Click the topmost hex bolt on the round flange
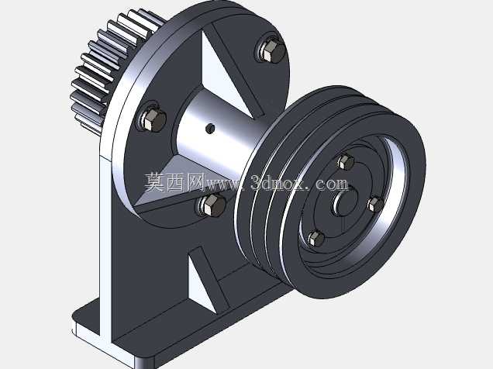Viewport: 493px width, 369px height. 271,50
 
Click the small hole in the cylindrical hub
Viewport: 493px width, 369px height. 210,128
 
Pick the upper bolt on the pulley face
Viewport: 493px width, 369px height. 346,162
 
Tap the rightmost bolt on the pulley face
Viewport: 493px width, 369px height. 376,204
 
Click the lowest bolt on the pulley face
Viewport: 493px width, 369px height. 315,239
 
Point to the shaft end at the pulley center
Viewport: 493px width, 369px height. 345,202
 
